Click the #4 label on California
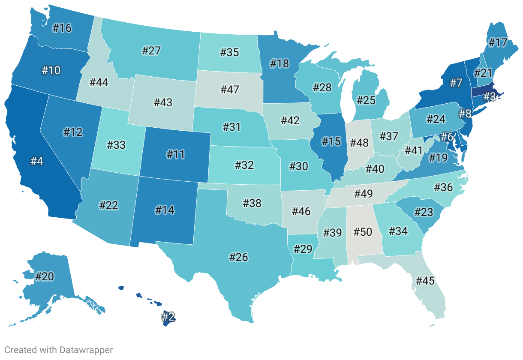[36, 162]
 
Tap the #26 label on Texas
[239, 257]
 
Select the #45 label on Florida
[425, 281]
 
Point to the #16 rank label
[62, 28]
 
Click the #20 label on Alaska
[44, 276]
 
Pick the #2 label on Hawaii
[168, 317]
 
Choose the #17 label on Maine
[498, 43]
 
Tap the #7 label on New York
[455, 83]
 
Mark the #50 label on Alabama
[363, 232]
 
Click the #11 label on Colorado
[175, 154]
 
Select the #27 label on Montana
[151, 51]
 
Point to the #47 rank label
[229, 90]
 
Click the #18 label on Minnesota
[280, 64]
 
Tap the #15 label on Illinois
[331, 141]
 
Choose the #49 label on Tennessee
[364, 194]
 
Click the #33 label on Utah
[116, 144]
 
